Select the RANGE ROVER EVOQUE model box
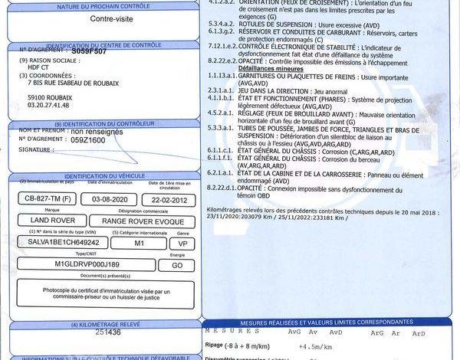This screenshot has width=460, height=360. (138, 221)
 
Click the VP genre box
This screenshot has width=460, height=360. (181, 242)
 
